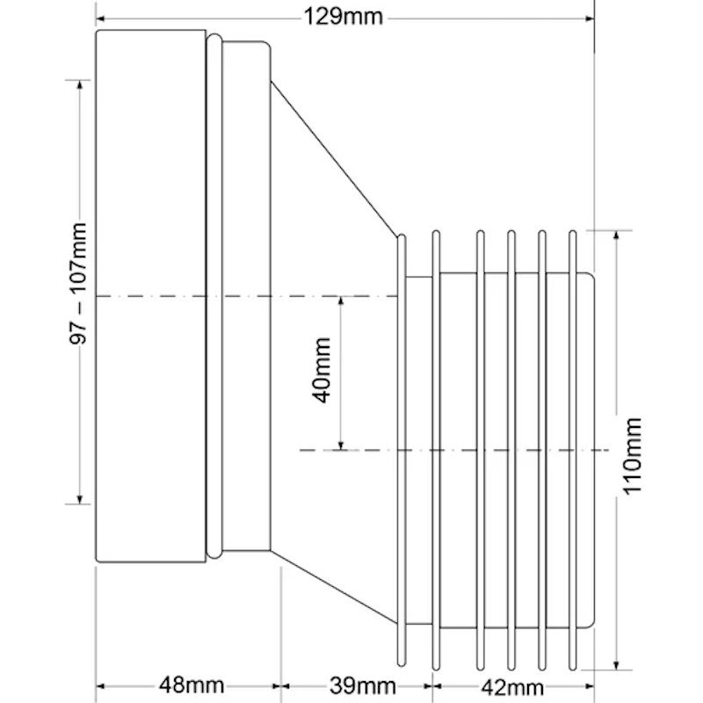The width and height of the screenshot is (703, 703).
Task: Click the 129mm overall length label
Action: click(344, 18)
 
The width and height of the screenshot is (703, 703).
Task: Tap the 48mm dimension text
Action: click(192, 685)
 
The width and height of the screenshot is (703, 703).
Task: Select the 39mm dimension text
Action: click(363, 685)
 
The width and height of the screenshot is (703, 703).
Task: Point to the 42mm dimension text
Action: click(512, 686)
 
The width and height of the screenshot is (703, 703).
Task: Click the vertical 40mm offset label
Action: click(321, 371)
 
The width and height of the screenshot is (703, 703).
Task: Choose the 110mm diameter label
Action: click(632, 456)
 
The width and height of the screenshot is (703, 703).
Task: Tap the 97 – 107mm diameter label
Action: click(77, 283)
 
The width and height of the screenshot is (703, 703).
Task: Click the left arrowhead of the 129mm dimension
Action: click(100, 18)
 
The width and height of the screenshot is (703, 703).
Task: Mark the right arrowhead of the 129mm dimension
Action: click(590, 18)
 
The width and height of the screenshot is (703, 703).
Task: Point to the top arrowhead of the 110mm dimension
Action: click(616, 235)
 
